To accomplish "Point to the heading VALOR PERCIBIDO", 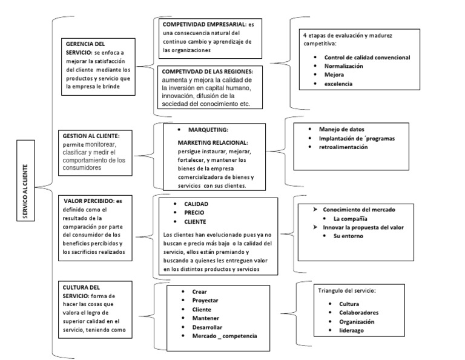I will [x=88, y=200].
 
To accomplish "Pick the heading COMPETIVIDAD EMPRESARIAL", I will [x=205, y=23].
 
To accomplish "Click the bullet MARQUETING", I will [x=208, y=130].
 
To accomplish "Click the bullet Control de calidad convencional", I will [x=367, y=57].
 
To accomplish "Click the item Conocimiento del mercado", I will [x=359, y=209].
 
